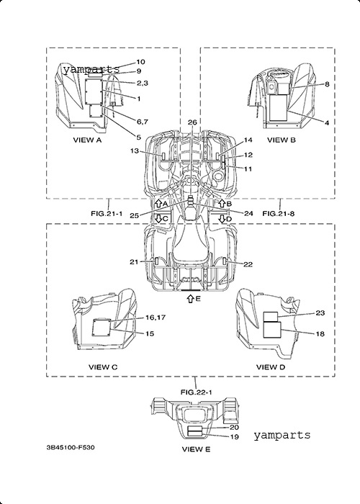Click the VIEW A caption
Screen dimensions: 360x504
click(x=87, y=140)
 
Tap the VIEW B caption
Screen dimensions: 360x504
click(x=282, y=140)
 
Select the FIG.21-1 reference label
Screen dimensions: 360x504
click(x=107, y=213)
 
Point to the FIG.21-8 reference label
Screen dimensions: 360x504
click(x=279, y=213)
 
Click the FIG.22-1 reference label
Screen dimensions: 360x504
click(x=196, y=392)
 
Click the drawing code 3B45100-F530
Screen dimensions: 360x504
click(x=71, y=447)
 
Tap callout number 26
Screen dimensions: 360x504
click(x=192, y=122)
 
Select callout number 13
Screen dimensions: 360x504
click(x=135, y=150)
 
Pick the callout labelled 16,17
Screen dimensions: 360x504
click(x=156, y=318)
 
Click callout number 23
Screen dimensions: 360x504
click(x=320, y=312)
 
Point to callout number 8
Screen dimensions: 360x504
click(x=327, y=84)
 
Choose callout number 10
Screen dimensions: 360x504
click(x=140, y=62)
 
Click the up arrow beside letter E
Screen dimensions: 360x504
click(x=190, y=299)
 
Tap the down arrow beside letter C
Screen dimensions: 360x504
click(x=158, y=219)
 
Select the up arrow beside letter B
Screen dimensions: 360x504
click(x=222, y=203)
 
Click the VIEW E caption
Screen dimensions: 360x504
click(x=196, y=449)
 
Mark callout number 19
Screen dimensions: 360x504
click(x=234, y=437)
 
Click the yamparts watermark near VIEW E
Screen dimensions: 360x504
click(x=282, y=436)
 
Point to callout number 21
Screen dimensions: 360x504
click(x=134, y=262)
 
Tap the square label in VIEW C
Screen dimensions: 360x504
click(x=102, y=328)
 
